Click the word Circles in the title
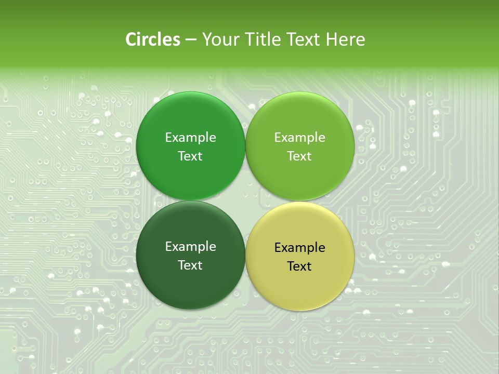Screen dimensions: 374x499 point(153,39)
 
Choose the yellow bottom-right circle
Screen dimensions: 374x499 point(299,286)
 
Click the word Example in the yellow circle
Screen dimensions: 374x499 point(299,248)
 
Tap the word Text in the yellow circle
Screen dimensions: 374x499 point(299,266)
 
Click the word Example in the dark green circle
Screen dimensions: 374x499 point(190,247)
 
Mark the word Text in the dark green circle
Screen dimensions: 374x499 point(190,265)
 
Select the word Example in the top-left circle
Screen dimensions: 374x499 point(190,138)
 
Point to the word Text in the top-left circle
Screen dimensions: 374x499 point(190,156)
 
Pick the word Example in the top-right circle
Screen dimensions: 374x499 point(299,138)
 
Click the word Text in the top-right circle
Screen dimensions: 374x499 point(299,156)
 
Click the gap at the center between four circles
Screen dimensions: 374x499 point(245,201)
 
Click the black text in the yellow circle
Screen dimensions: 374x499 point(299,257)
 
